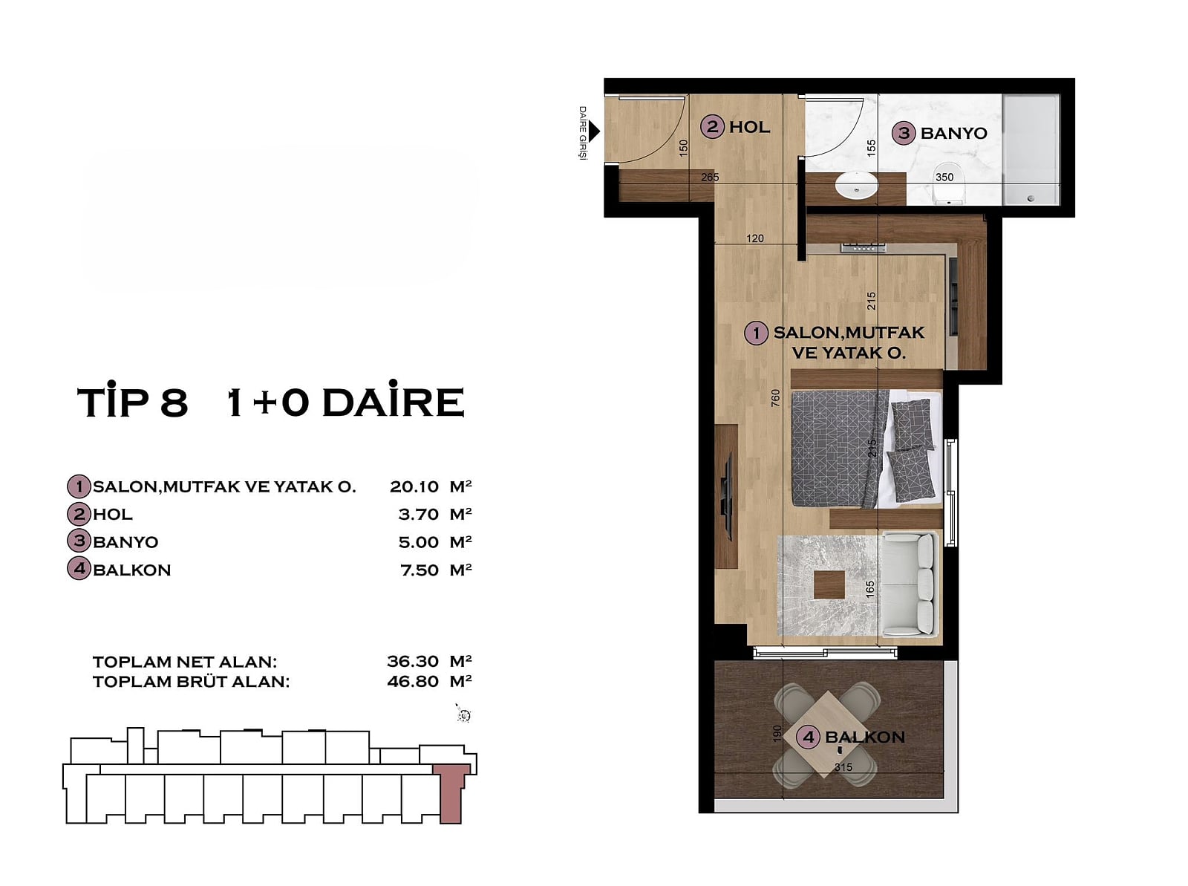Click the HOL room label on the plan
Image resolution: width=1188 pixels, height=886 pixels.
pos(749,127)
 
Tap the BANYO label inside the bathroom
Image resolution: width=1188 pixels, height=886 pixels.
pos(953,133)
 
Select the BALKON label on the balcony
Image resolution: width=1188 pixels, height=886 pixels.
pos(864,737)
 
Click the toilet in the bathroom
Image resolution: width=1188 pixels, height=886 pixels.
pos(948,182)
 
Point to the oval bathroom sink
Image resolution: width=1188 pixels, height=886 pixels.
pos(856,186)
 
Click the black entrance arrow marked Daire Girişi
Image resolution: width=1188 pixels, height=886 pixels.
pos(594,131)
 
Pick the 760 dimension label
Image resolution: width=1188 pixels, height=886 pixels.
pos(776,398)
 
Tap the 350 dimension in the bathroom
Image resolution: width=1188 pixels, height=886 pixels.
pos(944,177)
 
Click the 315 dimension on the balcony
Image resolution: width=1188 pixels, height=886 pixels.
pos(843,767)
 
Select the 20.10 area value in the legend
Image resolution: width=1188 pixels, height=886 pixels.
pos(414,486)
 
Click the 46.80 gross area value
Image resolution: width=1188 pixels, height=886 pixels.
pos(412,682)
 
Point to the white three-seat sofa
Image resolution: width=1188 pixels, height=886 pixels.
pos(909,584)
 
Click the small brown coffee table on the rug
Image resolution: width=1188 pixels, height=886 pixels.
pos(829,585)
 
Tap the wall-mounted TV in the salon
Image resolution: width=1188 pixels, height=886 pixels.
pos(727,496)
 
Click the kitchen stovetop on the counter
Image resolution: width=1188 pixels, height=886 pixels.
pos(864,248)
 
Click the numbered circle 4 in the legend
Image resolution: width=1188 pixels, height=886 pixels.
pos(79,569)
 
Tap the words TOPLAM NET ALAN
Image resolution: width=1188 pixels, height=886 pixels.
pos(185,662)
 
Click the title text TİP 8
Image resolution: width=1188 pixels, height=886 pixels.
pos(133,401)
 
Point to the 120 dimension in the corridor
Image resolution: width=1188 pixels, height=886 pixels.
pos(755,238)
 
